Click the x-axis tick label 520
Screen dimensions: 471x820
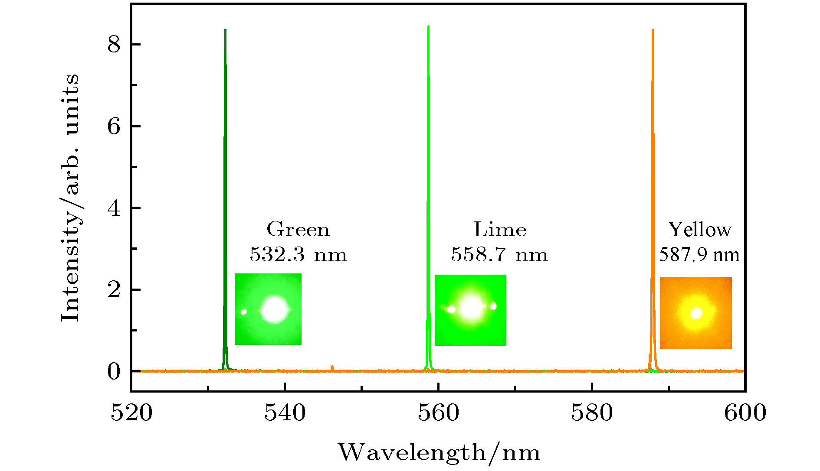tap(131, 413)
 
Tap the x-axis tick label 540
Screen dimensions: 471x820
tap(285, 413)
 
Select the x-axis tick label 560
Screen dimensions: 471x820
tap(439, 413)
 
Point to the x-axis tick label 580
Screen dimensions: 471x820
tap(592, 413)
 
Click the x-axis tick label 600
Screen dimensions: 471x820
tap(745, 413)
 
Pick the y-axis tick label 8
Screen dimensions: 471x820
tap(114, 45)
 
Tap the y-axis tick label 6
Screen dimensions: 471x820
tap(114, 127)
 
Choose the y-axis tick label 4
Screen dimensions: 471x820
tap(114, 208)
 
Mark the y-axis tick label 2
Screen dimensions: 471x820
tap(114, 290)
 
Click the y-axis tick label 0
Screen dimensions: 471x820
tap(114, 371)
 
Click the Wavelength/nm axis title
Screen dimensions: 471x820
tap(439, 453)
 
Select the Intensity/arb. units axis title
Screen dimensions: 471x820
tap(70, 198)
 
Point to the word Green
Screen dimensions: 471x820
tap(298, 229)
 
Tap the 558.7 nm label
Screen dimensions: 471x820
tap(499, 254)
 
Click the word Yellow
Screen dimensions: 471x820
tap(699, 229)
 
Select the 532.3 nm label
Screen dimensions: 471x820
tap(298, 254)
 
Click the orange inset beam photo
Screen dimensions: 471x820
tap(695, 313)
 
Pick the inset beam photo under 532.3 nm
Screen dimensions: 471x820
tap(268, 309)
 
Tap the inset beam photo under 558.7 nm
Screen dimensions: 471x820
tap(470, 310)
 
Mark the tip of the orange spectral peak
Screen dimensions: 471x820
tap(653, 30)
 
